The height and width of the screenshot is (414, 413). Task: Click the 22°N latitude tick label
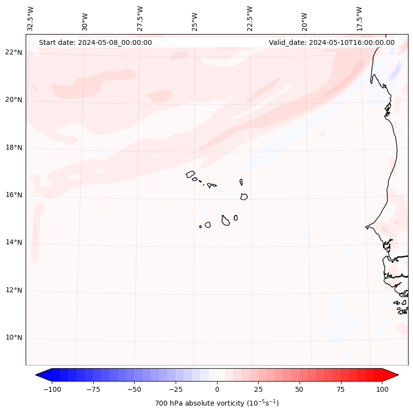[14, 53]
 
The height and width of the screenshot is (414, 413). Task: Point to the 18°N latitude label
[14, 148]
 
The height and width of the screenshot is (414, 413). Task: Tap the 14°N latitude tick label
[14, 243]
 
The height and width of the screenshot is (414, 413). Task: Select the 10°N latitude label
[14, 338]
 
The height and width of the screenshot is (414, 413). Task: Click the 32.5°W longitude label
[31, 19]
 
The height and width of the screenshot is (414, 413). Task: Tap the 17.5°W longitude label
[359, 19]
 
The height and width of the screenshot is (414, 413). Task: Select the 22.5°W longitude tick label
[250, 19]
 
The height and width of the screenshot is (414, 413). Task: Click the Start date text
[95, 42]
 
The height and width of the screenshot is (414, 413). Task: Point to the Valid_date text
[332, 42]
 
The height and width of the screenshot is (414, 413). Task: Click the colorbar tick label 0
[217, 389]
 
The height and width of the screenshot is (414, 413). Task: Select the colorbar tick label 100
[382, 389]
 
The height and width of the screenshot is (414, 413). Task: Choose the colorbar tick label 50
[300, 389]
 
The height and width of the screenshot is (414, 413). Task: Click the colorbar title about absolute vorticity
[217, 403]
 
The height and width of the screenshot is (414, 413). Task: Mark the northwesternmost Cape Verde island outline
[190, 174]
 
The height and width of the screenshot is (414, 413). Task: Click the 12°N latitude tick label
[14, 291]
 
